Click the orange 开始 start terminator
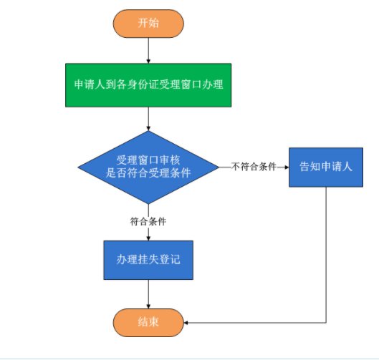[148, 24]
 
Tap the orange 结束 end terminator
[148, 323]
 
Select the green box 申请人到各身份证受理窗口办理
[148, 85]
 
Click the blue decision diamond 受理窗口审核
[148, 167]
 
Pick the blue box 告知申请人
[326, 167]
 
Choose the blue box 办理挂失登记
[148, 260]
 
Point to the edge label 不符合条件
[254, 167]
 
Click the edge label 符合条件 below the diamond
[148, 221]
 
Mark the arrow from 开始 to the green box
[148, 51]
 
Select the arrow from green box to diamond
[148, 119]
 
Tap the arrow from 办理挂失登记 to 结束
[148, 294]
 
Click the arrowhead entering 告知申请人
[287, 167]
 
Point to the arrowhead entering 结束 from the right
[186, 323]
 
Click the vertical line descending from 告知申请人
[326, 255]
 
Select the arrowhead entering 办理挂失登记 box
[148, 238]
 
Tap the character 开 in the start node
[143, 23]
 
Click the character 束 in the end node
[154, 322]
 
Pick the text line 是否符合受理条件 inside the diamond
[148, 173]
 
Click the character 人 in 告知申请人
[347, 167]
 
